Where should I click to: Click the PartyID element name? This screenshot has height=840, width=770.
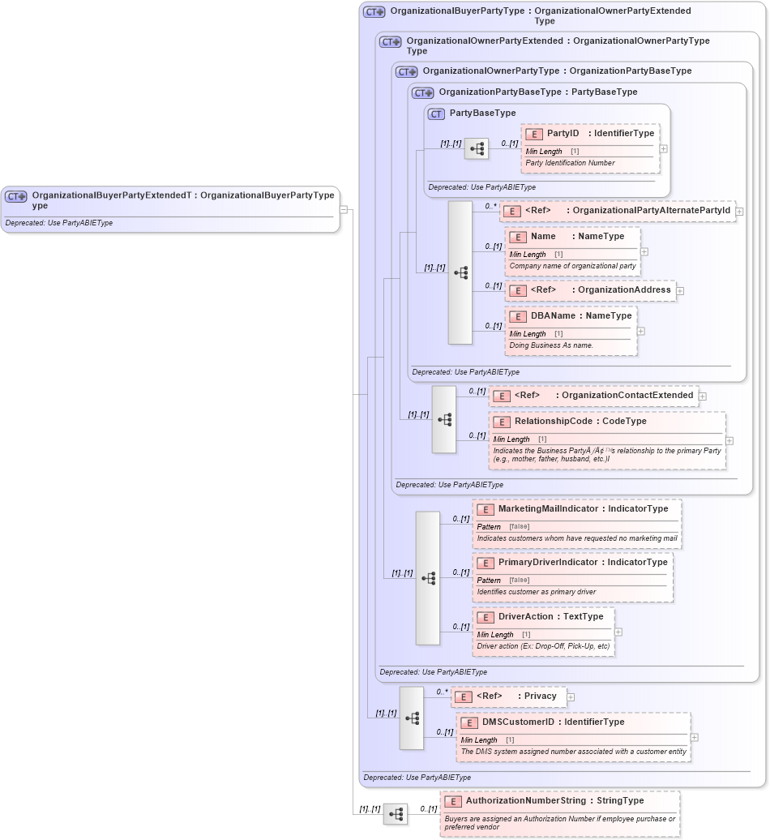(x=563, y=133)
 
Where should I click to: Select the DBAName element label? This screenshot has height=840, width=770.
(x=553, y=315)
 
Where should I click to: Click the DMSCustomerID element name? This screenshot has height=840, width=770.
(x=518, y=722)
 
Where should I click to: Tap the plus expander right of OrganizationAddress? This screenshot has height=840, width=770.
(x=680, y=290)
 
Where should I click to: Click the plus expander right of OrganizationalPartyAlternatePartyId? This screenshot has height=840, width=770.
(x=739, y=212)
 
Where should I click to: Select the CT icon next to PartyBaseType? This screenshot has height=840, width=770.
(x=436, y=114)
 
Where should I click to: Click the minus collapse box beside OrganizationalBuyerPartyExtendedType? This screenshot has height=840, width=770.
(x=344, y=209)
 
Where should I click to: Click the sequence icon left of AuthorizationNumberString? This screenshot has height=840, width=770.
(x=396, y=814)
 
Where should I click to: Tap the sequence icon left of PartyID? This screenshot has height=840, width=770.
(x=477, y=148)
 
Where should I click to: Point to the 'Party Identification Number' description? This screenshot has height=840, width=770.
(x=570, y=163)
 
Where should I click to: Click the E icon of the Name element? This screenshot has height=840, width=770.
(x=518, y=237)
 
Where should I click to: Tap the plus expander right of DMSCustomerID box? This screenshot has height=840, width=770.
(x=694, y=738)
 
